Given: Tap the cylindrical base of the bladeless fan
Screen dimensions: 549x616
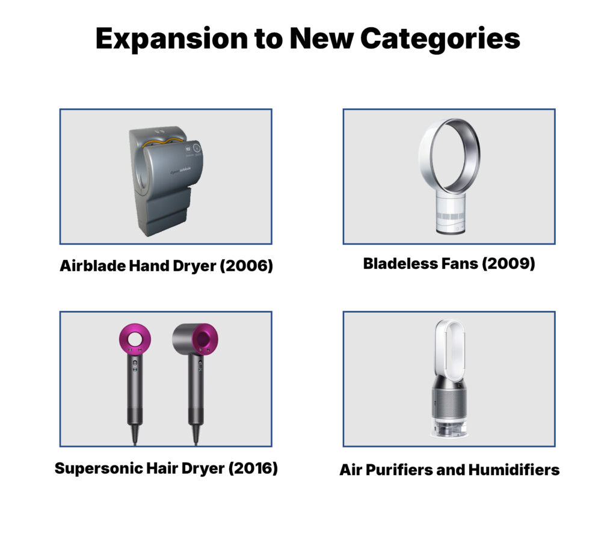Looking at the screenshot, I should click(x=449, y=210).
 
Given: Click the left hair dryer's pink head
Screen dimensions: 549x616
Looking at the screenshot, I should click(x=135, y=341).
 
